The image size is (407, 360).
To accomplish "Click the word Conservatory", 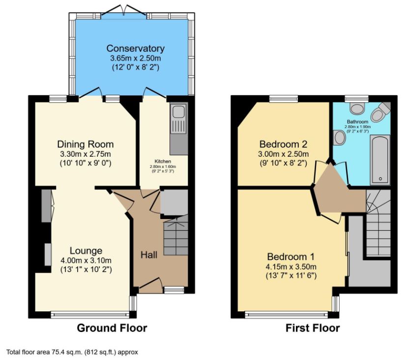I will coord(135,49).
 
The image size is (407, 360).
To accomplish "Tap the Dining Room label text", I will coord(86,144).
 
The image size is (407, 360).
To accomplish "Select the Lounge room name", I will coord(86,251).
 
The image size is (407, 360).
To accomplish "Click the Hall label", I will coord(149,254).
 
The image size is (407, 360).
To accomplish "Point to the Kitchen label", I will coord(162,161).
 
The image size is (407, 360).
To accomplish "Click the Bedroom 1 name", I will coord(291,257).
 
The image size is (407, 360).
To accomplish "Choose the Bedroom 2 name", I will coord(283,144).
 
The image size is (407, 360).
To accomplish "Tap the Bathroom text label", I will coord(357,121).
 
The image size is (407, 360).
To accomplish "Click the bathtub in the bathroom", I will coord(379,161).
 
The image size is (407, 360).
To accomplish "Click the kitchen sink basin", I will coord(177,111).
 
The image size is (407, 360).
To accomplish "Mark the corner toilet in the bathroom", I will coord(378,114).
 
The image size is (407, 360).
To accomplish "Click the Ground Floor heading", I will coord(112,328).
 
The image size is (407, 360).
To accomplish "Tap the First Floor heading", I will coord(313,328).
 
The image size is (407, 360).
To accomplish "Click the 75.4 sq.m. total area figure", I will coord(79,352).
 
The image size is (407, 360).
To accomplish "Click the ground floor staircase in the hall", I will coord(175,236).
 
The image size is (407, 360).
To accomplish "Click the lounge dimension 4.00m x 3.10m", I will coord(86,260).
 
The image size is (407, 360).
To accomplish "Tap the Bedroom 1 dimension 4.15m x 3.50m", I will coord(291,267).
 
